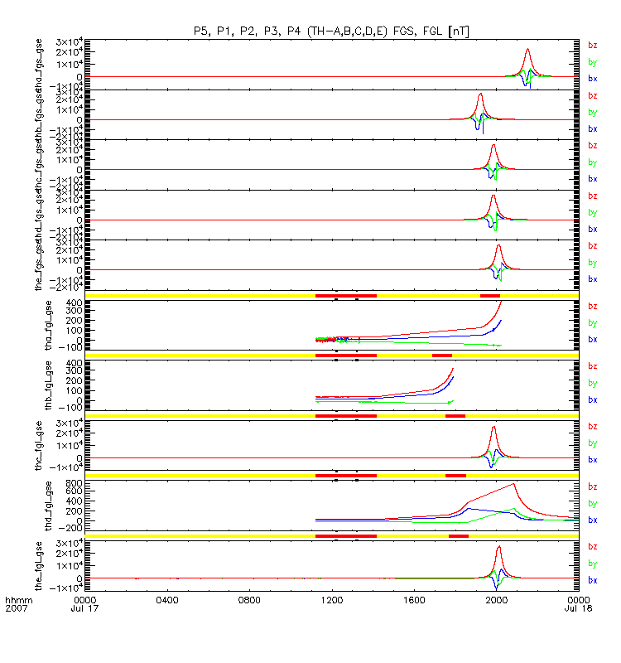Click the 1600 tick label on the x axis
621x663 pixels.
pos(414,598)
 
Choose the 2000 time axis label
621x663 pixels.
pos(497,598)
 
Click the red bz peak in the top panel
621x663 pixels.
pos(527,50)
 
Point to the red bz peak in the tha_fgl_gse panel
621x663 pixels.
pos(501,302)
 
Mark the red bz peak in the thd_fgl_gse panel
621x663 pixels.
pos(514,484)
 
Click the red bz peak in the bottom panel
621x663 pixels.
pos(498,547)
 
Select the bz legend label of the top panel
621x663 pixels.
pos(592,45)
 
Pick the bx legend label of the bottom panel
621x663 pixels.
pos(592,579)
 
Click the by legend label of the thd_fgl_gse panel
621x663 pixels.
pos(592,503)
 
